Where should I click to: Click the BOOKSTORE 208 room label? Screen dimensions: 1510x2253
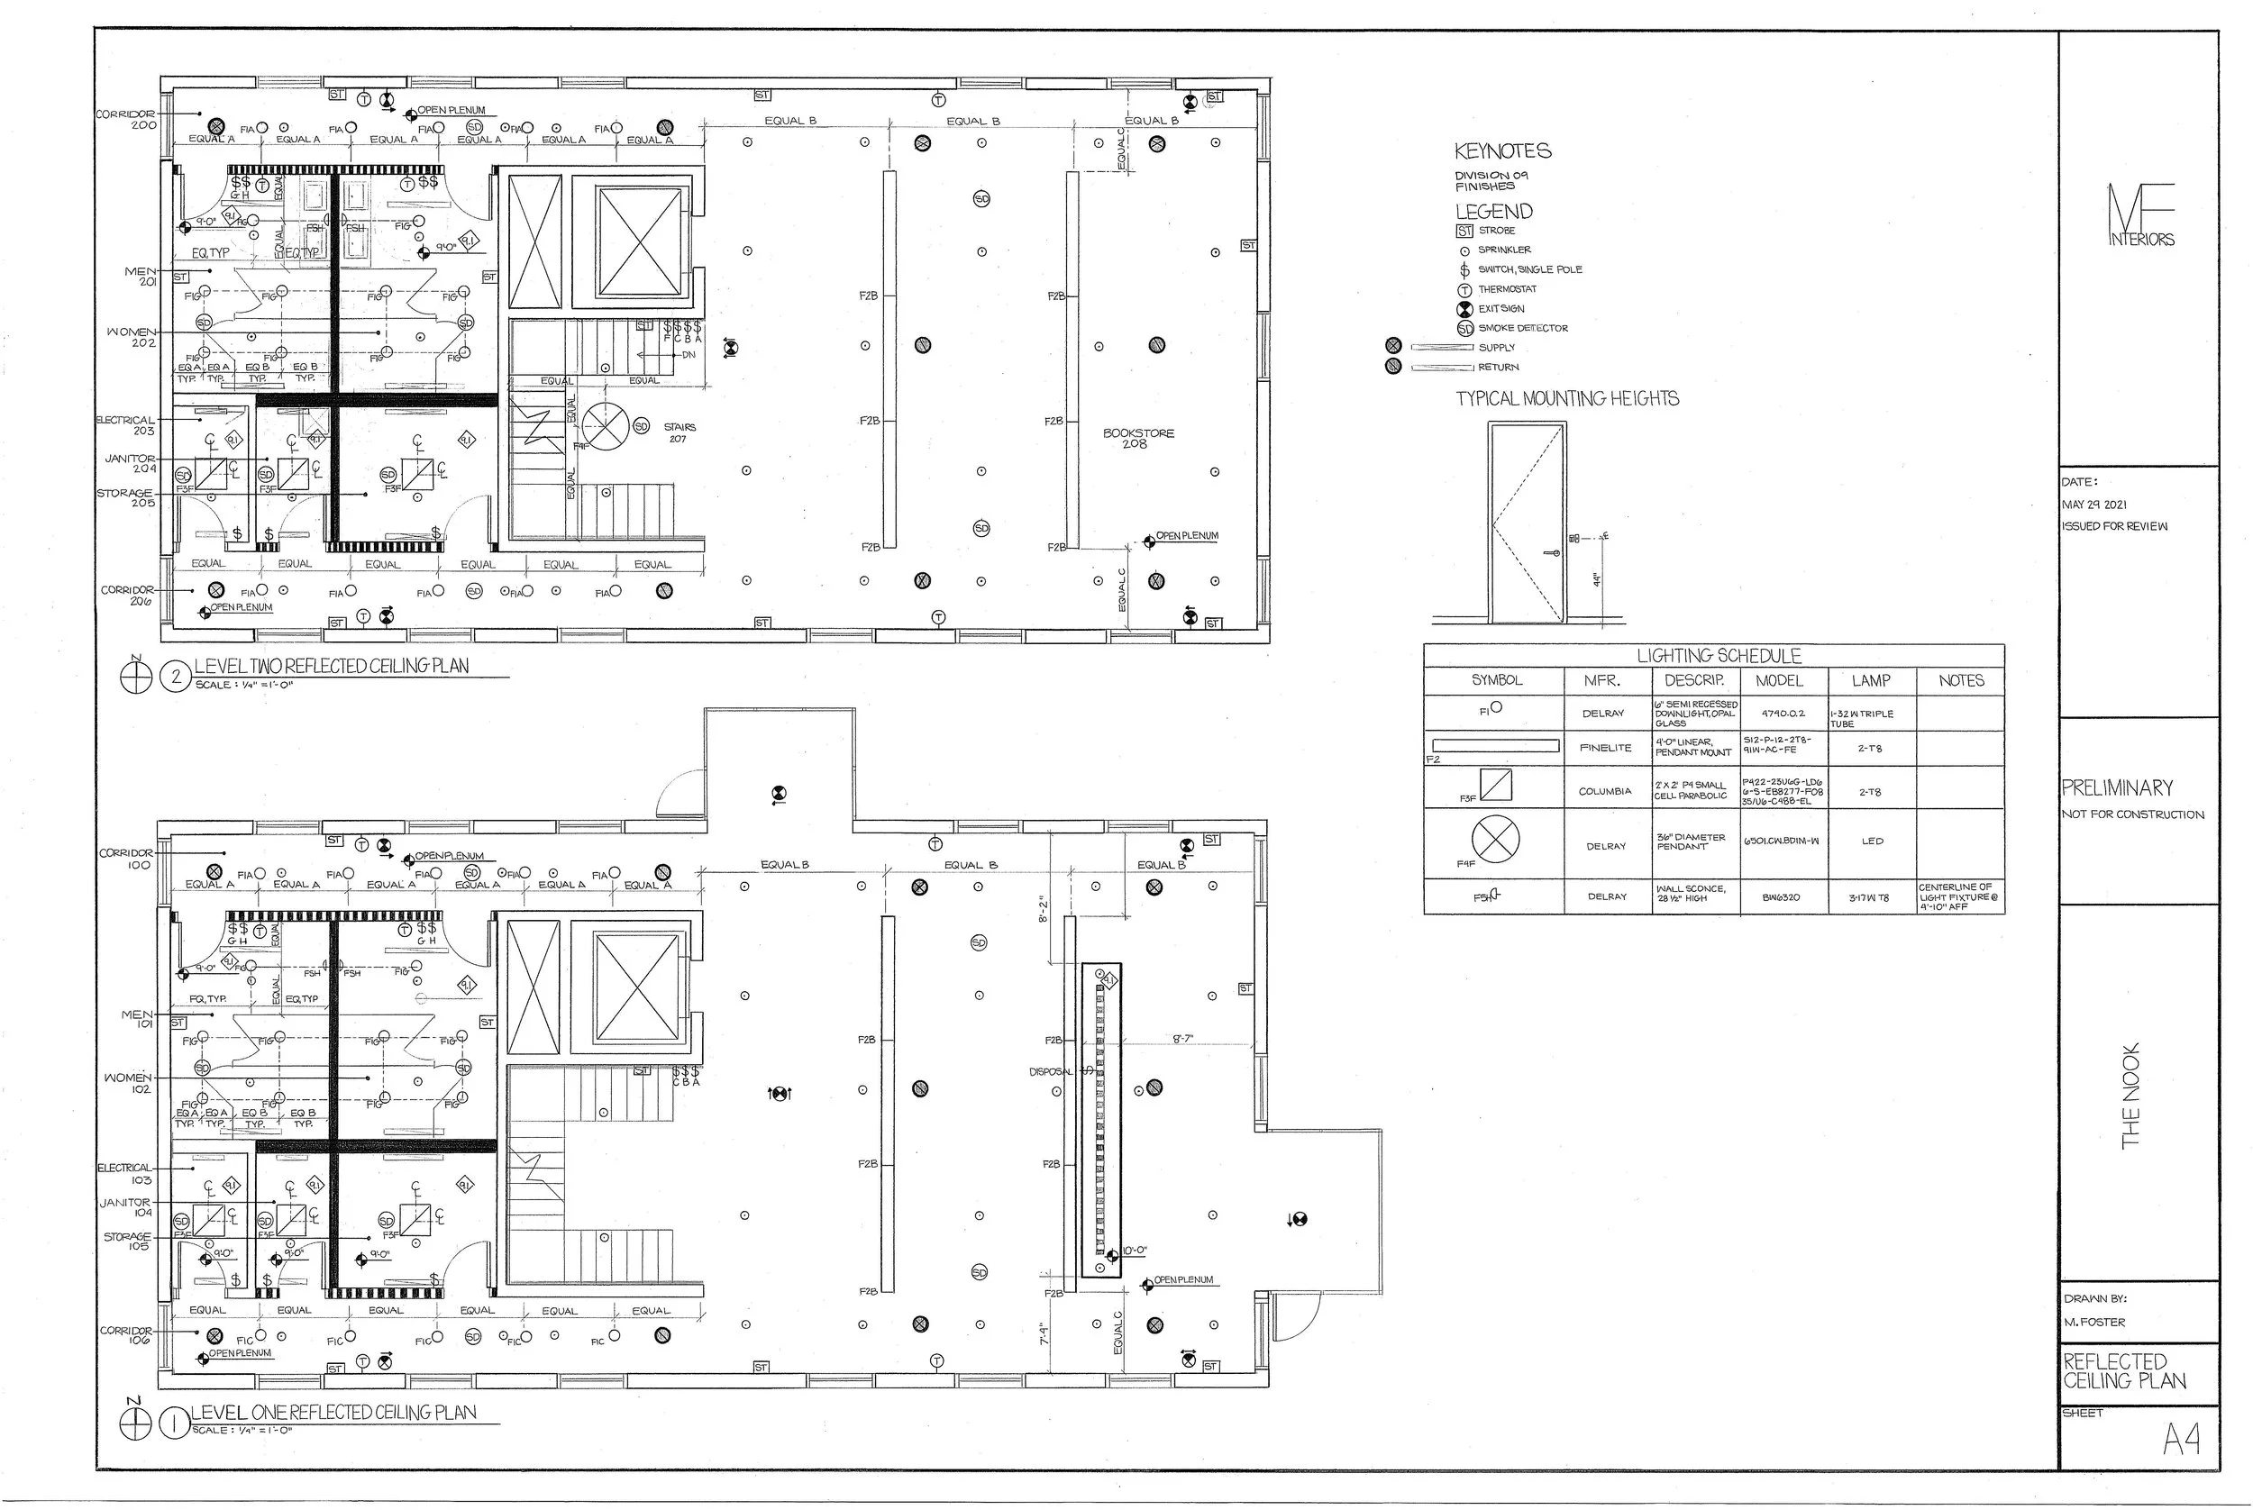click(x=1137, y=438)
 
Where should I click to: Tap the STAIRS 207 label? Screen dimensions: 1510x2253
click(x=680, y=432)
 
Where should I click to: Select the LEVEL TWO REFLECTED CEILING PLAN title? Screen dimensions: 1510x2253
click(x=332, y=667)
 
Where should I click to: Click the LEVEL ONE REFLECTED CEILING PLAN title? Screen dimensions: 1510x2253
click(x=333, y=1413)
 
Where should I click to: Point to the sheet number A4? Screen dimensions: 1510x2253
click(x=2181, y=1440)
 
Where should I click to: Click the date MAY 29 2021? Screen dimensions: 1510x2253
click(x=2094, y=505)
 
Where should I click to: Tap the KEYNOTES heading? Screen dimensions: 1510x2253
click(x=1501, y=151)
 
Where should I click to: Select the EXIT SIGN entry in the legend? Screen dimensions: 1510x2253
click(x=1500, y=309)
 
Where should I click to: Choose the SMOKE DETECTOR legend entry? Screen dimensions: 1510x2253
click(x=1522, y=328)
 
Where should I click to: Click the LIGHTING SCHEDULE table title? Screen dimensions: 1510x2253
click(x=1719, y=657)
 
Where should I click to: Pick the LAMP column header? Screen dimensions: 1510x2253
click(x=1870, y=681)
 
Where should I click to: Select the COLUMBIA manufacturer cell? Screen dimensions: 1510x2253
click(x=1605, y=792)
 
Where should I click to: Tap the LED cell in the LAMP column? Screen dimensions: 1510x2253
click(x=1872, y=841)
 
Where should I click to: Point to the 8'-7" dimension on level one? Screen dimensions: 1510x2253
click(x=1183, y=1039)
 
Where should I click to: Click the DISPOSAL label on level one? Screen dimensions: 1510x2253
click(x=1050, y=1072)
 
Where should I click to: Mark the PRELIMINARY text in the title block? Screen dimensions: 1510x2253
click(x=2117, y=788)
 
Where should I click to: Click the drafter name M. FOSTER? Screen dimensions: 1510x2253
click(x=2094, y=1323)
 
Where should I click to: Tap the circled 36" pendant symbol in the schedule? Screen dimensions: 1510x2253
click(x=1495, y=839)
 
